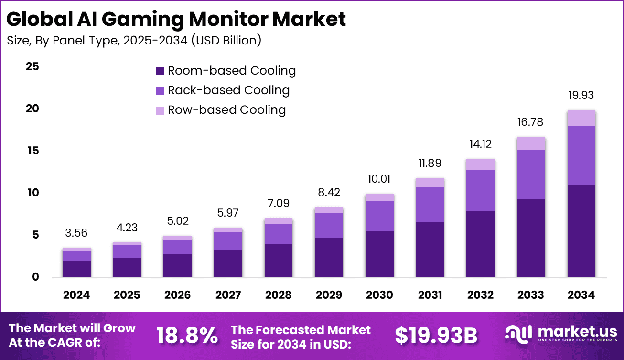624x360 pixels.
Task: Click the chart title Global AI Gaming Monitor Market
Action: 176,19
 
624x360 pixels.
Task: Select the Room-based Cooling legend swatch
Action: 161,71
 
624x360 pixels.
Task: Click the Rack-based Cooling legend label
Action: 228,90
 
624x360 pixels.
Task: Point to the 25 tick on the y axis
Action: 32,66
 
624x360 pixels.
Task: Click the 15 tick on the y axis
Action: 32,151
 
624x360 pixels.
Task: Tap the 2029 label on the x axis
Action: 329,295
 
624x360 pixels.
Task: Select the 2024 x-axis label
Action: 76,295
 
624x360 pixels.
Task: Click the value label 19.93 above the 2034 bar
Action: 581,96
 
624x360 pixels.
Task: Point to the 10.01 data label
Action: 379,179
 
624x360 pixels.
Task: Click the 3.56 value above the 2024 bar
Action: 76,233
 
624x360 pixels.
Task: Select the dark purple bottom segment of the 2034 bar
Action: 581,230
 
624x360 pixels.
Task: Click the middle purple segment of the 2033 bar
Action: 530,174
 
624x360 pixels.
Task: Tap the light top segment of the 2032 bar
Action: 480,164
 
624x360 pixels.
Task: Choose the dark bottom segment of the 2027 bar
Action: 228,263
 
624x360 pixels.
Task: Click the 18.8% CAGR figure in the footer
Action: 187,336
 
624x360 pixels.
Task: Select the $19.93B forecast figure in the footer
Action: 436,336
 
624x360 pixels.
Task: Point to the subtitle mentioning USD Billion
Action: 134,41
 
